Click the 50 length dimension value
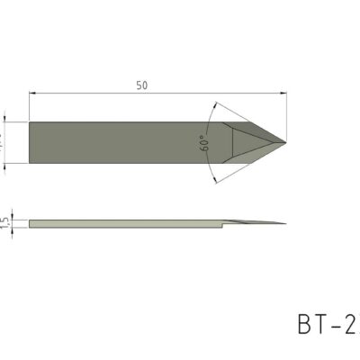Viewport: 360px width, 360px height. coord(142,85)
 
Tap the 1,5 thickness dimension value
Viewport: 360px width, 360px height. coord(5,221)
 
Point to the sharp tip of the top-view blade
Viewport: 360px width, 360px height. coord(285,143)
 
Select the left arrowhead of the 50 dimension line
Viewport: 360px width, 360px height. coord(33,92)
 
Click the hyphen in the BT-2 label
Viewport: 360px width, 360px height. coord(335,325)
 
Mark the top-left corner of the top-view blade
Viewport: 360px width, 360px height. coord(30,122)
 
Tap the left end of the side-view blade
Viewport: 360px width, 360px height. coord(31,222)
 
